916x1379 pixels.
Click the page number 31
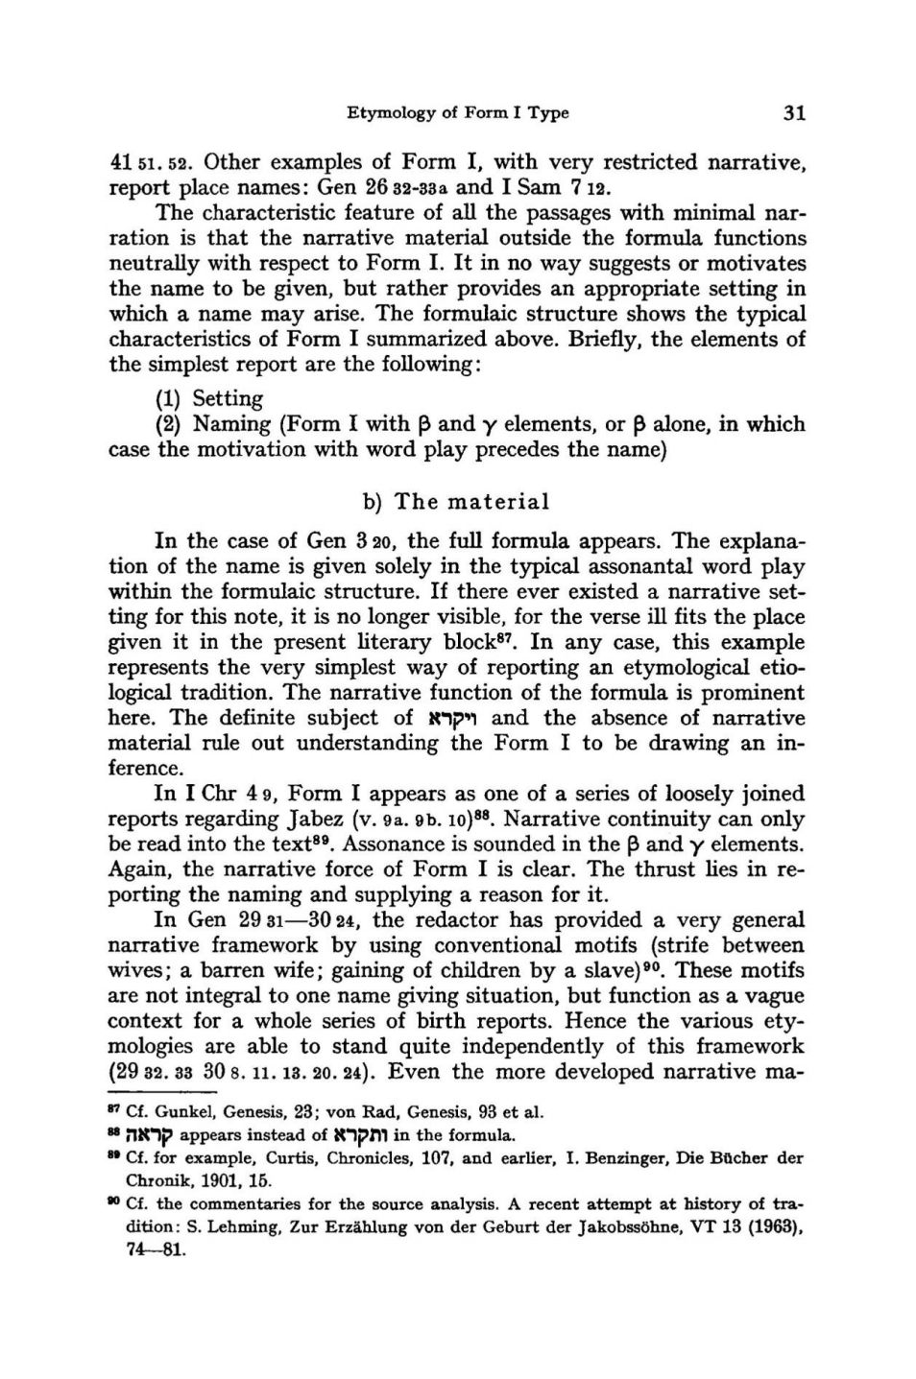793,113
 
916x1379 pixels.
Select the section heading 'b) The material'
457,502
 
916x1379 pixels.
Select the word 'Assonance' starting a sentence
388,844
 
